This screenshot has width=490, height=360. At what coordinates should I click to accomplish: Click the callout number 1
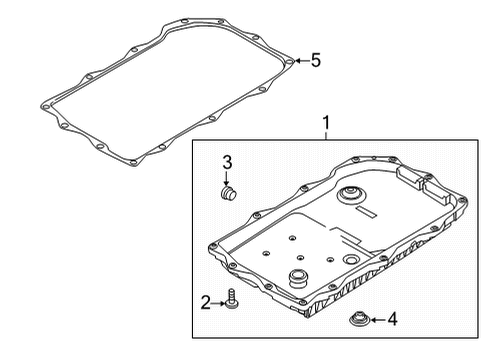pyautogui.click(x=325, y=125)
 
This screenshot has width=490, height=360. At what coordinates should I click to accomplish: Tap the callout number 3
pyautogui.click(x=227, y=162)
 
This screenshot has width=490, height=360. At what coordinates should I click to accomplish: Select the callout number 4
pyautogui.click(x=393, y=320)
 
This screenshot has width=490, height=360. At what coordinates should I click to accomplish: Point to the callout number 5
pyautogui.click(x=315, y=60)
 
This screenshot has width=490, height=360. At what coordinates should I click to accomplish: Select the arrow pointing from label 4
pyautogui.click(x=375, y=320)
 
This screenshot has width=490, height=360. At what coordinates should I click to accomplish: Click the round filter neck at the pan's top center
pyautogui.click(x=352, y=195)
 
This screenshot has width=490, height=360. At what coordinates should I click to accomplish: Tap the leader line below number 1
pyautogui.click(x=325, y=137)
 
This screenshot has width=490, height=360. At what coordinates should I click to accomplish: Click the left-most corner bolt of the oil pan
pyautogui.click(x=209, y=245)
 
